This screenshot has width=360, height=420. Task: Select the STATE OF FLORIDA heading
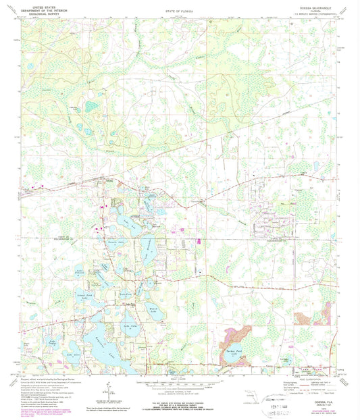tap(178, 12)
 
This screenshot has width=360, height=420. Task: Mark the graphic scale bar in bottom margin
tap(179, 377)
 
